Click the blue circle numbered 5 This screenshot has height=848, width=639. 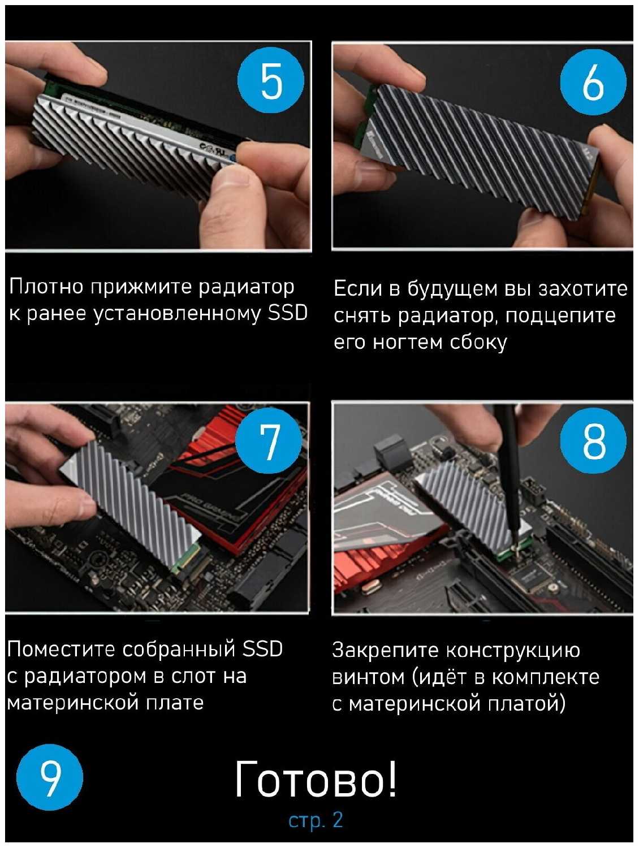(270, 80)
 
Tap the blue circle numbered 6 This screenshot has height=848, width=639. (593, 82)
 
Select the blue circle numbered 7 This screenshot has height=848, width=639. (269, 440)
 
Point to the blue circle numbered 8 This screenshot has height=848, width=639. (593, 440)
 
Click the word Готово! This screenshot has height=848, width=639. (316, 779)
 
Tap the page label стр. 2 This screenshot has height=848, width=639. (316, 820)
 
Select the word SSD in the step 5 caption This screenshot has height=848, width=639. (288, 312)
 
